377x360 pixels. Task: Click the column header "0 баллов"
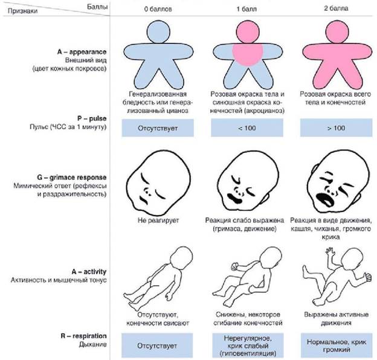158,9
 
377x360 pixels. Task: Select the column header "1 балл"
246,9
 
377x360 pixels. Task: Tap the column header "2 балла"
336,8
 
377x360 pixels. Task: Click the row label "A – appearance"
82,52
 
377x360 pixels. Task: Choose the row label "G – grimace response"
72,178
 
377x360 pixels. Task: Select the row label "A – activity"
89,272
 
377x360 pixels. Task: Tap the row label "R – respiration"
83,336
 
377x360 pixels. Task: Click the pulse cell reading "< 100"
247,128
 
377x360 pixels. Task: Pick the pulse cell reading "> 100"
336,128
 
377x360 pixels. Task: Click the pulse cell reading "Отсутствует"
158,128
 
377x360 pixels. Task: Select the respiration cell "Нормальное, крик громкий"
337,346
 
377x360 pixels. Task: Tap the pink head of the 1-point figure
248,32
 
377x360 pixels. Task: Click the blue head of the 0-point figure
158,32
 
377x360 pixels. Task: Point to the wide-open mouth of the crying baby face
324,199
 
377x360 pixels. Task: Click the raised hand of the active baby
330,251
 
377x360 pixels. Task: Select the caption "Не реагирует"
158,220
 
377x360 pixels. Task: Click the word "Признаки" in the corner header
23,11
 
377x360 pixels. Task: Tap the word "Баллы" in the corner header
97,7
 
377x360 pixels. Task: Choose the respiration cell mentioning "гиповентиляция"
248,346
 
